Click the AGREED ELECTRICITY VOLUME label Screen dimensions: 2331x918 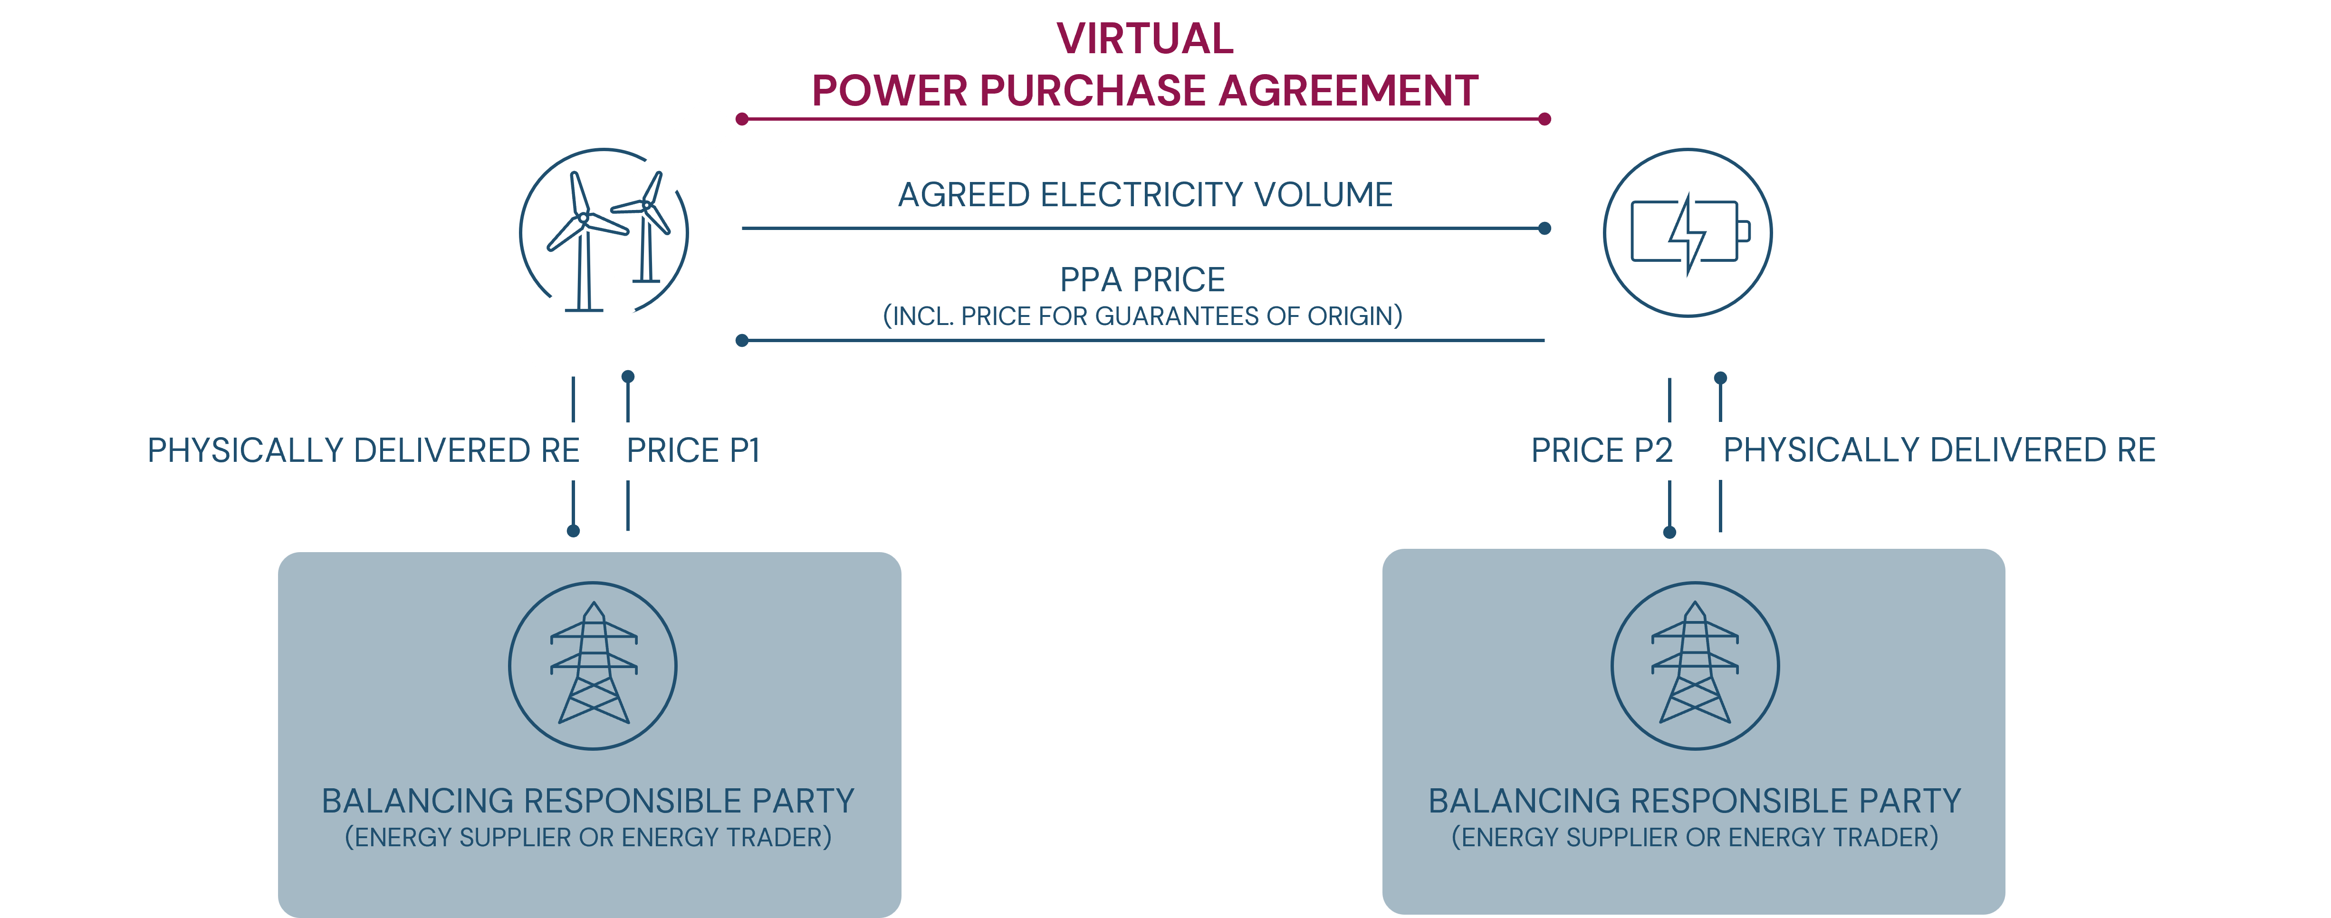[1145, 194]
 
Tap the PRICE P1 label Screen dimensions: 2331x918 [693, 450]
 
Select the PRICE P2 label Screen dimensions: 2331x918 [1601, 450]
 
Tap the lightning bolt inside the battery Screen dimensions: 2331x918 [1687, 233]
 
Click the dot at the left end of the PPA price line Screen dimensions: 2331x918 [742, 341]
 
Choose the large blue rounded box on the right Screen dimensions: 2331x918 [1693, 731]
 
